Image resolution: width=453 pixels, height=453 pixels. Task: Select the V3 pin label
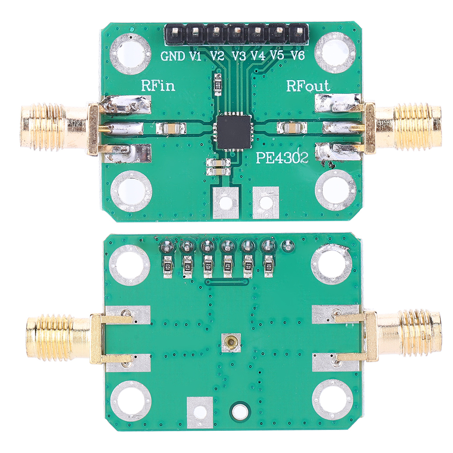(x=238, y=56)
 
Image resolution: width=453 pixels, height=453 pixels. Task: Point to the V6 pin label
(x=297, y=56)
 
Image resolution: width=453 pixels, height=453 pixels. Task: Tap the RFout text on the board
(x=309, y=86)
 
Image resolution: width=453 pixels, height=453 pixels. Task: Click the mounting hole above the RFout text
(x=335, y=50)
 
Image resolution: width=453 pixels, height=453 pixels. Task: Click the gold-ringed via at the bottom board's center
(x=232, y=343)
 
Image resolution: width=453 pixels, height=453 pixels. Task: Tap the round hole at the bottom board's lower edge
(x=239, y=410)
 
